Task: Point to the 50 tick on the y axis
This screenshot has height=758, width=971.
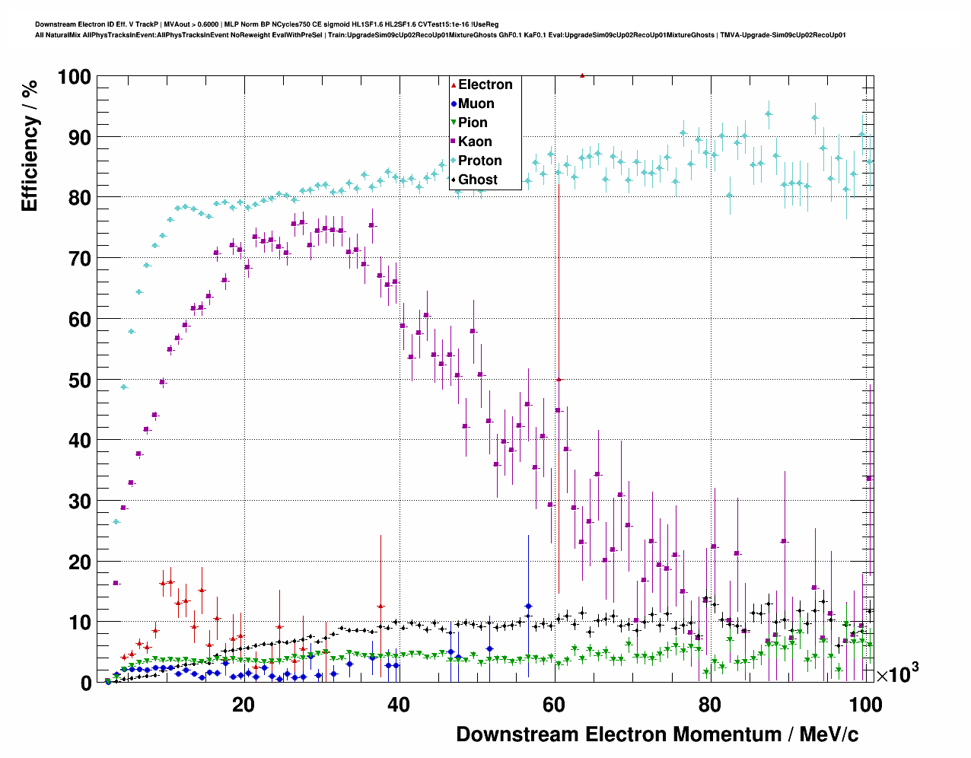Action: click(79, 380)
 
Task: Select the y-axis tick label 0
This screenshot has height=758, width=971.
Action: click(86, 683)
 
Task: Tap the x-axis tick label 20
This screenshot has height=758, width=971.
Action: click(244, 705)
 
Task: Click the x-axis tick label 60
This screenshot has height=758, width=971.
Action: click(554, 705)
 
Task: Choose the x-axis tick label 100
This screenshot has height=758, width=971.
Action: click(865, 705)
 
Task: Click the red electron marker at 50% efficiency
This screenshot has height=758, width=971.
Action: click(559, 379)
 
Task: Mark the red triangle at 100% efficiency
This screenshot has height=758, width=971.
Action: click(582, 75)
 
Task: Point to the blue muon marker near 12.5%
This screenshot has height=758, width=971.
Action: click(528, 607)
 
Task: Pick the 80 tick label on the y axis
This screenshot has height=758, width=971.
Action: click(79, 198)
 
